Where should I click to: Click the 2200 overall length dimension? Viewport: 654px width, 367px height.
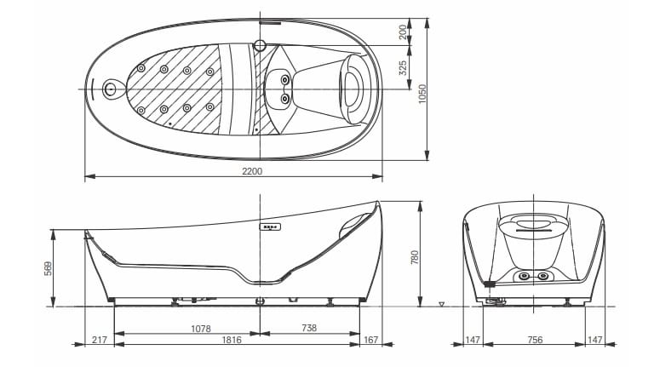click(x=252, y=171)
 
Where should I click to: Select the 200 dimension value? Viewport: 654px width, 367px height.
click(x=403, y=32)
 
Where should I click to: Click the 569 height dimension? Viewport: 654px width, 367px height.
click(x=49, y=267)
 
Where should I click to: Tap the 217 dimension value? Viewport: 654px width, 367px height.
click(x=99, y=340)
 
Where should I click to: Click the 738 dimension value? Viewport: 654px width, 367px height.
click(x=310, y=328)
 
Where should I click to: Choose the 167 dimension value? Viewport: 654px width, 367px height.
click(x=370, y=340)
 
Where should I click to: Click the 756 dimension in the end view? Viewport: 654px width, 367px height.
click(x=534, y=340)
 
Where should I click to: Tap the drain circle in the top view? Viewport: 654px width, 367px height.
click(x=109, y=88)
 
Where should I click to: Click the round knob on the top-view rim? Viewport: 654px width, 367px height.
click(x=261, y=44)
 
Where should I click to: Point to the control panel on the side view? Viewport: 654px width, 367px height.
click(x=271, y=227)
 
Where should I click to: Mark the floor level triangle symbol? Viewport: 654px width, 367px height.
click(x=441, y=303)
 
